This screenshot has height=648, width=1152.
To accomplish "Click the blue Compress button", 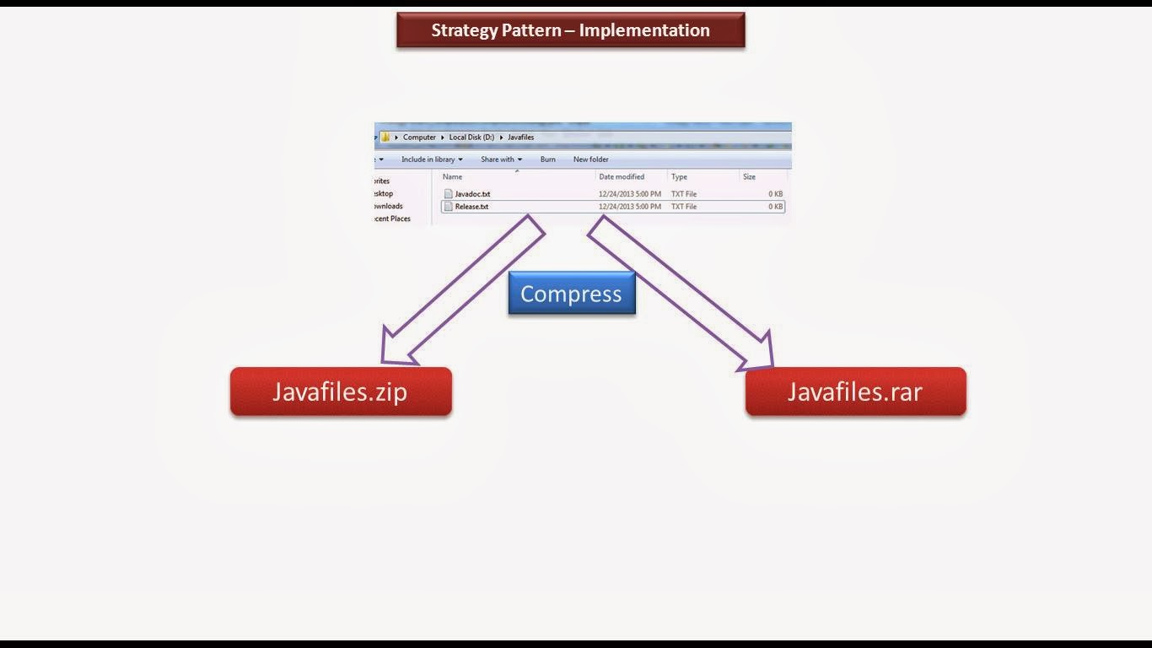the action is (572, 293).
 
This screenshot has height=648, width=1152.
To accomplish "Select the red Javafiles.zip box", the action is (341, 391).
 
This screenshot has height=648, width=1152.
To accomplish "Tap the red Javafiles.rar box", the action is (856, 391).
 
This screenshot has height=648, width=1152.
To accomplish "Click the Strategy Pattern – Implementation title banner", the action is (571, 30).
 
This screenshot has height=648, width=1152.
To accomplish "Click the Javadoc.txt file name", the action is (472, 194).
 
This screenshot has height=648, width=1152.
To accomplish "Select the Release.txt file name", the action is (471, 207).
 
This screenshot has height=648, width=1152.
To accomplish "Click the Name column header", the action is (453, 176).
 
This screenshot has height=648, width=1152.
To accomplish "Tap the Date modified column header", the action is (622, 176).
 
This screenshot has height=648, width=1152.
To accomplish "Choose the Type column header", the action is (679, 176).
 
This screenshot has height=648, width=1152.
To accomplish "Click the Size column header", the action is (750, 176).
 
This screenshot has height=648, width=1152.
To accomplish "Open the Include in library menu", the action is (432, 159).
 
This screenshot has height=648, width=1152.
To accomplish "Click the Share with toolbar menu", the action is (502, 159).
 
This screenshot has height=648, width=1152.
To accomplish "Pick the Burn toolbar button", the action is (547, 159).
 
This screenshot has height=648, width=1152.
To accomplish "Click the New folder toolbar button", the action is (591, 159).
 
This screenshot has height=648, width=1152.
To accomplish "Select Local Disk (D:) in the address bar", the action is (471, 138).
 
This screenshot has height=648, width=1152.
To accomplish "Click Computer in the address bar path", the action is (419, 138).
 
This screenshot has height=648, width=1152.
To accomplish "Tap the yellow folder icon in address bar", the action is (385, 137).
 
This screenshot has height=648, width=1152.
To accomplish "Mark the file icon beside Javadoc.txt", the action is (449, 193).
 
